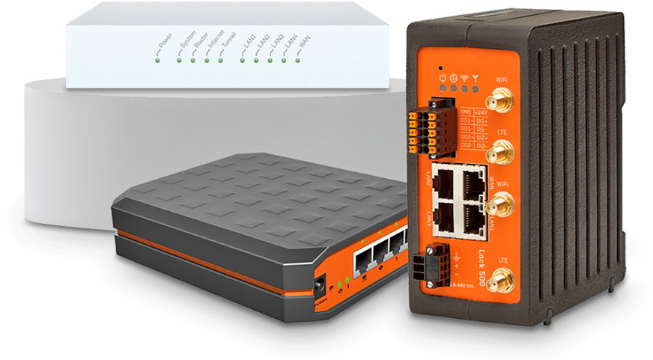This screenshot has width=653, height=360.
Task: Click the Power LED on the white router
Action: pyautogui.click(x=158, y=59)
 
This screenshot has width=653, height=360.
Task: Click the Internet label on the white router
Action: pyautogui.click(x=216, y=43)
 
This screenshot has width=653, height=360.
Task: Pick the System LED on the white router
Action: pyautogui.click(x=178, y=59)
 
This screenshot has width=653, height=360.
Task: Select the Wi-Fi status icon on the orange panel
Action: pyautogui.click(x=464, y=77)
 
